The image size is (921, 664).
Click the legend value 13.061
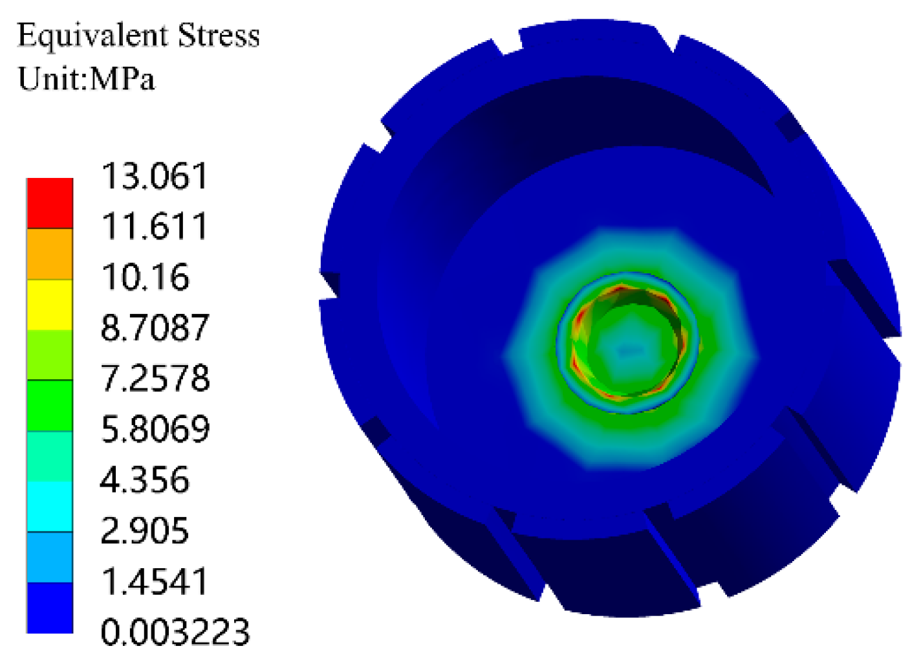(155, 176)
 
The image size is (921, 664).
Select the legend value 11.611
(155, 227)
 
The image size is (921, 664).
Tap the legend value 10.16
(146, 277)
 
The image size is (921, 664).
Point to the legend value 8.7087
(155, 327)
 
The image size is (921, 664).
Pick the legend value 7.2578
(155, 378)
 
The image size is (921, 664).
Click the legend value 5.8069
(155, 428)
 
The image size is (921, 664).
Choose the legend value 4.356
(145, 480)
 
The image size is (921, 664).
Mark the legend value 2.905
(145, 531)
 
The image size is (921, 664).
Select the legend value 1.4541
(155, 581)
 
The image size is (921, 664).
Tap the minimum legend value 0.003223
(175, 632)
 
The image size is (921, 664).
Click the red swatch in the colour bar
(50, 203)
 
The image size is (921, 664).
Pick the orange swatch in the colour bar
(50, 254)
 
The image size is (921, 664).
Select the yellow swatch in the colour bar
(50, 304)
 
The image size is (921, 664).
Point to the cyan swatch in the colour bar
(50, 506)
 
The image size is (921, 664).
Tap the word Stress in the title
(219, 35)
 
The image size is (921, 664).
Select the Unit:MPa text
(87, 79)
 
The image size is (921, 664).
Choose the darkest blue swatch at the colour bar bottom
(50, 607)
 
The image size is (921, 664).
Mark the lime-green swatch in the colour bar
(50, 355)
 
